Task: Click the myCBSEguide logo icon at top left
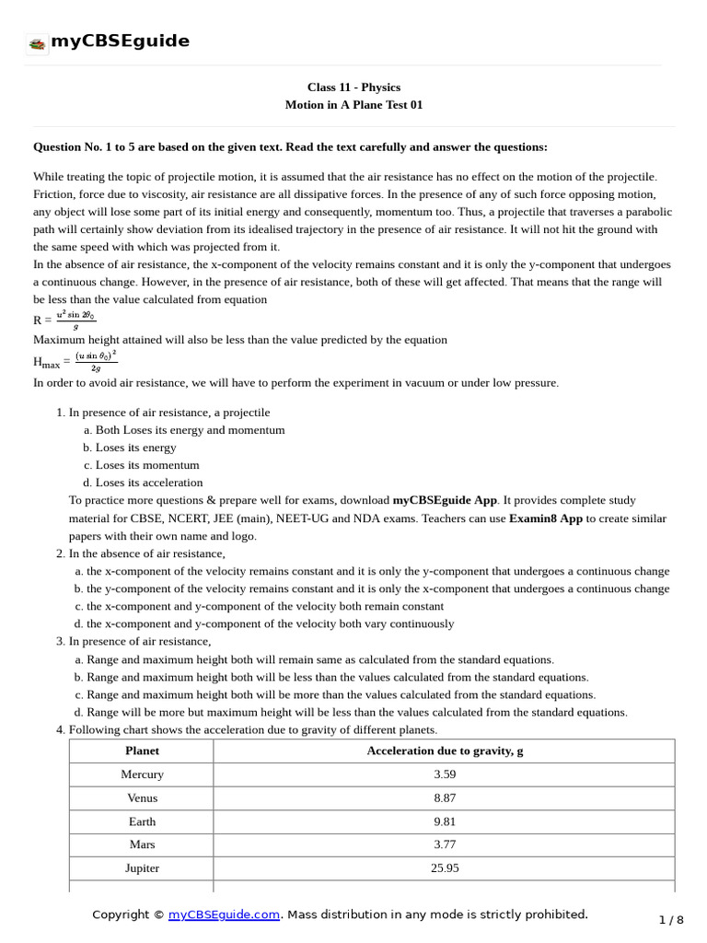37,42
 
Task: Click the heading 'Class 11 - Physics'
353,87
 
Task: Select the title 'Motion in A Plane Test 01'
353,105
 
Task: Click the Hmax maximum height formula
75,360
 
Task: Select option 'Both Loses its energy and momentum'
190,430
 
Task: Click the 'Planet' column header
142,751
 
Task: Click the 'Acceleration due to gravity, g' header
445,751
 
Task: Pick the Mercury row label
142,774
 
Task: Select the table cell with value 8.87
445,798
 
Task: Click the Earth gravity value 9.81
445,821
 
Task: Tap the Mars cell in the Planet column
142,844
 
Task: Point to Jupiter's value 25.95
445,868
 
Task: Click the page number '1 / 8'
672,920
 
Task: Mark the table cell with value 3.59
445,774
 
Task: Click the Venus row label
142,798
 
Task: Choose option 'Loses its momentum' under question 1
147,465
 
